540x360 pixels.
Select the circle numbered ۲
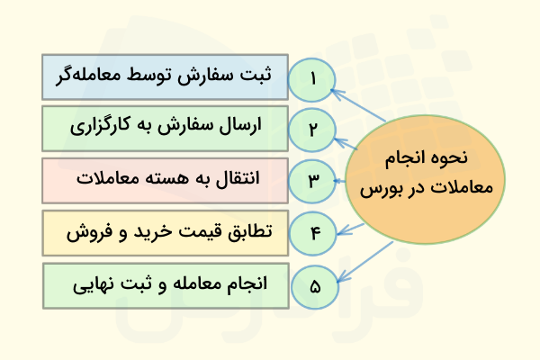(313, 129)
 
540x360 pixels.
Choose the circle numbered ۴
(313, 233)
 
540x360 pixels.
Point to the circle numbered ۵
(313, 286)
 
